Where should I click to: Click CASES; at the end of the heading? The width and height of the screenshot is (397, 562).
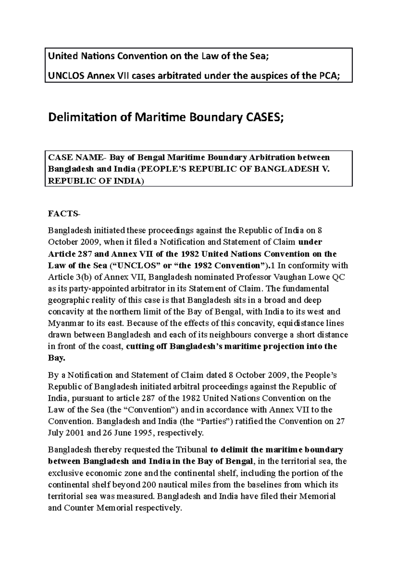(264, 117)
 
